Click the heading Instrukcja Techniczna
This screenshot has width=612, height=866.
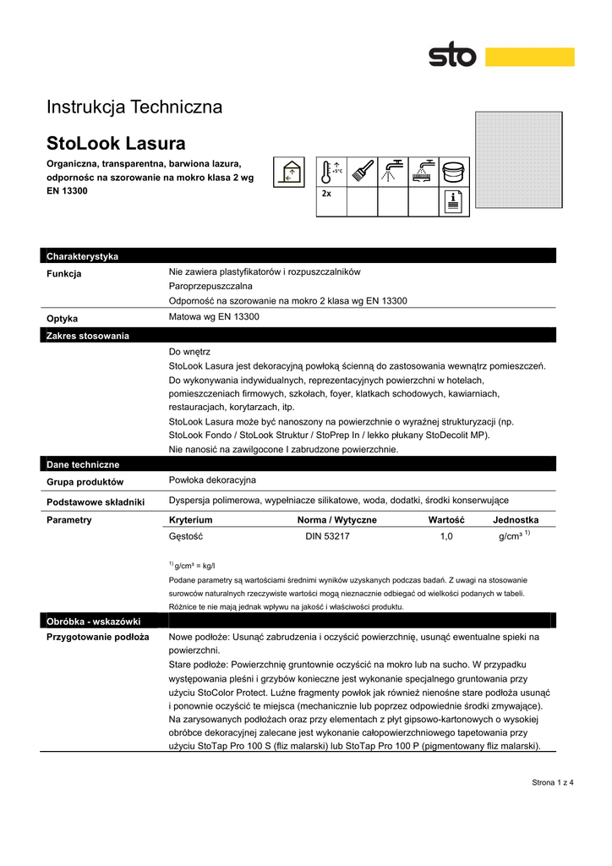click(x=134, y=107)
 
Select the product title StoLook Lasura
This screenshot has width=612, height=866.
click(x=116, y=142)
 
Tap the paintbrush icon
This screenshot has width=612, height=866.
click(x=362, y=172)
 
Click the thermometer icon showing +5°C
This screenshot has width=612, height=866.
click(x=331, y=172)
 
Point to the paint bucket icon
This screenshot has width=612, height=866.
click(x=454, y=172)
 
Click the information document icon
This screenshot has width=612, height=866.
click(x=454, y=201)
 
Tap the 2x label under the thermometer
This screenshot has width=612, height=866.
click(x=326, y=194)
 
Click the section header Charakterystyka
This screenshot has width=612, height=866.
click(x=83, y=256)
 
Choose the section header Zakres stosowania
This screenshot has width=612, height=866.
click(x=88, y=336)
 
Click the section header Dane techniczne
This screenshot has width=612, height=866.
click(x=83, y=464)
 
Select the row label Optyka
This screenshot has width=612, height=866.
click(x=63, y=319)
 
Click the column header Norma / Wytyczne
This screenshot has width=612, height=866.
click(x=337, y=520)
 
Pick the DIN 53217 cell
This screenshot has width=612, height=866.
click(x=328, y=536)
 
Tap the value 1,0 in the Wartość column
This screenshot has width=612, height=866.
click(x=447, y=536)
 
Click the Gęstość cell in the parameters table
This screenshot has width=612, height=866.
click(x=187, y=536)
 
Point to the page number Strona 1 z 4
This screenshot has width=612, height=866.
click(x=553, y=781)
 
